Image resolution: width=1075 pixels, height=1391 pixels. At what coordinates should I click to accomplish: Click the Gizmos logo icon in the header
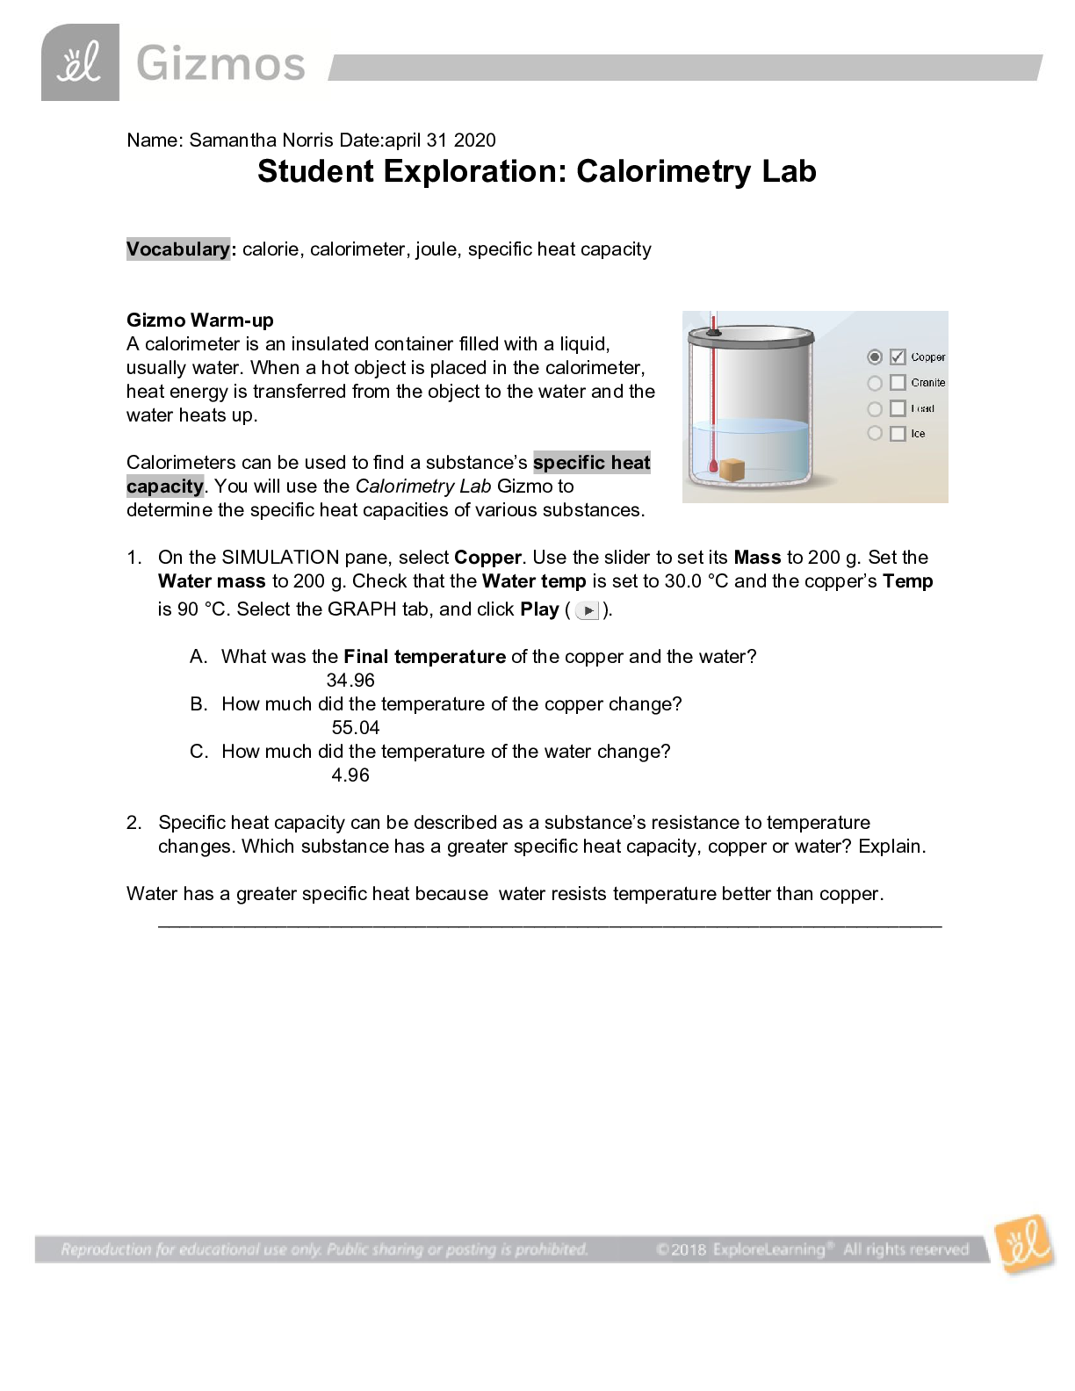80,63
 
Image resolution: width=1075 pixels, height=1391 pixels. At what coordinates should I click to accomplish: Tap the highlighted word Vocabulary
177,249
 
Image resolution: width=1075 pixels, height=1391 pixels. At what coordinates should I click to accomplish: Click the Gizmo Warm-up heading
200,321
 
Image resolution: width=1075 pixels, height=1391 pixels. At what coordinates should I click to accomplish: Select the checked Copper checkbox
898,357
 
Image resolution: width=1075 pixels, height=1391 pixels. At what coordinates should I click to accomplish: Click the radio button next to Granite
875,383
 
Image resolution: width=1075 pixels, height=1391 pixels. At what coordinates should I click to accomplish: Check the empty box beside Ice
898,434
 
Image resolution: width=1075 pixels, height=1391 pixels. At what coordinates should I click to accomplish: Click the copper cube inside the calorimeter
732,469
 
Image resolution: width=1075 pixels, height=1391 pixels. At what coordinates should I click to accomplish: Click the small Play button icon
588,610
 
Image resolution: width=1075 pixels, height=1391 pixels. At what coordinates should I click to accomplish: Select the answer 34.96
350,681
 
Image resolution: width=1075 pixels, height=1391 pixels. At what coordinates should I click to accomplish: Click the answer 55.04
356,728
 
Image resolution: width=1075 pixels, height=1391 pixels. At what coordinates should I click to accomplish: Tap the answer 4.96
350,775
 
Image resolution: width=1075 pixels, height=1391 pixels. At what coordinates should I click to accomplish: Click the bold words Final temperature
424,657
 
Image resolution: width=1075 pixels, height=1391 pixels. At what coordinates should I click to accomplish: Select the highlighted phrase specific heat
591,463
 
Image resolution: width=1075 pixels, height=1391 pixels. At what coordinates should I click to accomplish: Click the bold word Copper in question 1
487,558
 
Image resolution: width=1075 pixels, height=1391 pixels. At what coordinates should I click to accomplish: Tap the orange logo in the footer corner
1024,1243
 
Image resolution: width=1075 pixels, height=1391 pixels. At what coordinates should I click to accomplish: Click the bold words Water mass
212,581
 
